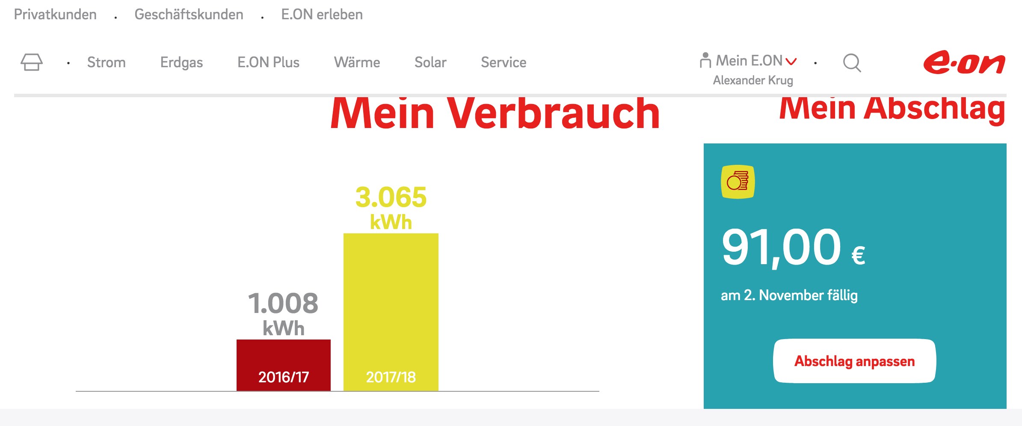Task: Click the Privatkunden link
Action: click(55, 15)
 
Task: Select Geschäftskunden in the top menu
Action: click(189, 15)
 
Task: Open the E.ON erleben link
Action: click(322, 15)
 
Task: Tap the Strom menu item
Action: click(107, 63)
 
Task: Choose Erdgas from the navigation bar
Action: click(181, 63)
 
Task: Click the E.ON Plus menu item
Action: click(268, 63)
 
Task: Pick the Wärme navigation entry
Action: click(357, 63)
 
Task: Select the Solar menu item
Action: click(430, 63)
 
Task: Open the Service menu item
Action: click(504, 63)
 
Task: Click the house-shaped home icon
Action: click(32, 62)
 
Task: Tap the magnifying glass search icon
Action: click(852, 63)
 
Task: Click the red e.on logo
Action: click(964, 63)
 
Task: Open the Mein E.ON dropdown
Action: click(749, 61)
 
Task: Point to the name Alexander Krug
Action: click(753, 80)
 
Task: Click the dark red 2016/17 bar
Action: click(284, 365)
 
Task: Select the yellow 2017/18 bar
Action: click(391, 312)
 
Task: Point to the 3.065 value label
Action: click(391, 197)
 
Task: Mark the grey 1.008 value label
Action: click(283, 303)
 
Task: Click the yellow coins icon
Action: click(738, 182)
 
